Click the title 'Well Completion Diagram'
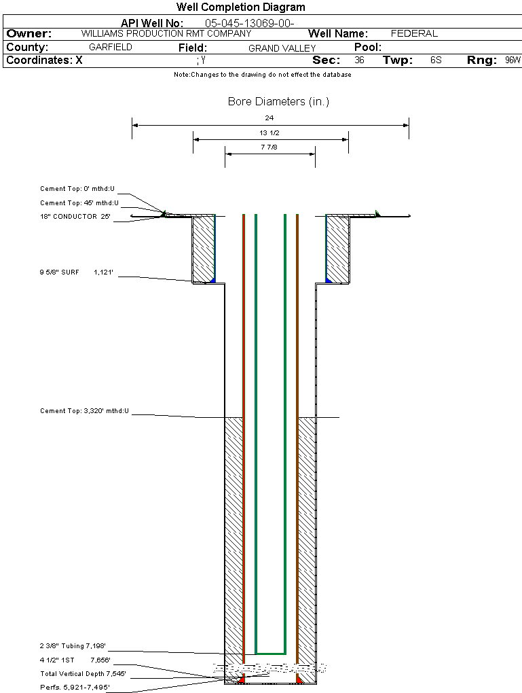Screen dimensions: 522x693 241,7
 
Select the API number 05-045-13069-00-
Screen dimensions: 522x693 250,23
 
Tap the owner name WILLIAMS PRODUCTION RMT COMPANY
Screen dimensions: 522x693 166,33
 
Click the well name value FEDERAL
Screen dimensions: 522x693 414,33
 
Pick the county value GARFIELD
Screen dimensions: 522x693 111,48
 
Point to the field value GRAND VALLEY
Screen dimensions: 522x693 282,48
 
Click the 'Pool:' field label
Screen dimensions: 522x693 368,48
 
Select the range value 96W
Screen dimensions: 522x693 513,60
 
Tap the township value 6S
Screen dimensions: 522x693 436,60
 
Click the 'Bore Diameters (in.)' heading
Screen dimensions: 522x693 279,102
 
